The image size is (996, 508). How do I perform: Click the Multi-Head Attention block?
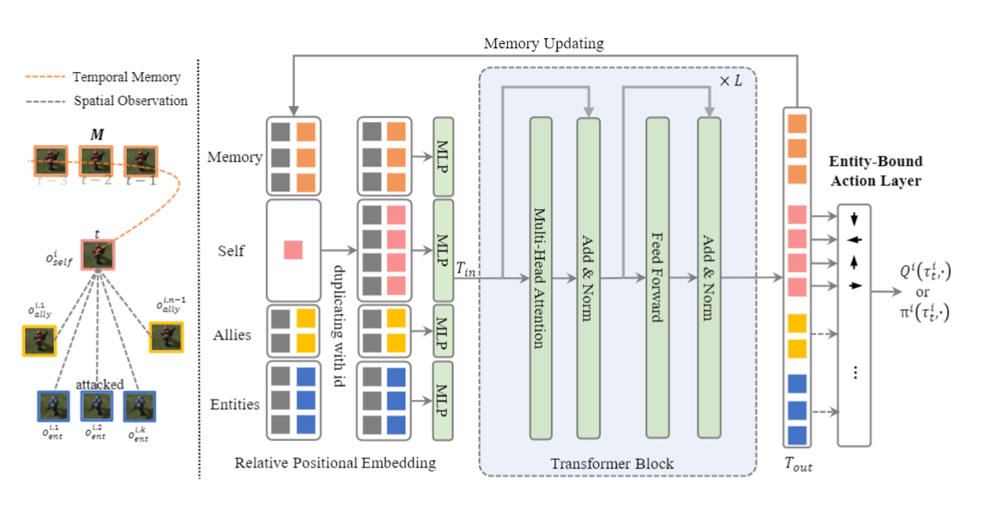[x=541, y=278]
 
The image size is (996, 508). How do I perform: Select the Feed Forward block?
[x=658, y=278]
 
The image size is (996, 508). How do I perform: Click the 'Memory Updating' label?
[x=544, y=42]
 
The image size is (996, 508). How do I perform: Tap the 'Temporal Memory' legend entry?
[x=126, y=77]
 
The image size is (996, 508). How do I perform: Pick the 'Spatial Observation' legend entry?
[x=129, y=101]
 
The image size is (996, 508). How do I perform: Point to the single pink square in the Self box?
[x=293, y=250]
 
